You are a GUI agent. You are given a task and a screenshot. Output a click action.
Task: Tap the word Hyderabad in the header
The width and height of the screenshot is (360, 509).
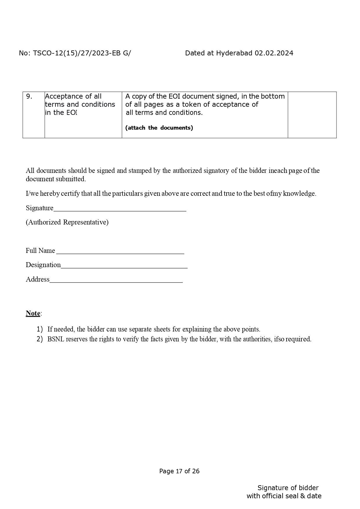(x=234, y=53)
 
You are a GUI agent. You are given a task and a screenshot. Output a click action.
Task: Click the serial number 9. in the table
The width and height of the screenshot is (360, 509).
(x=29, y=97)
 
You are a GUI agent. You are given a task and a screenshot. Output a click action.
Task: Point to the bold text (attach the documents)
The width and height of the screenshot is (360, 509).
(x=159, y=128)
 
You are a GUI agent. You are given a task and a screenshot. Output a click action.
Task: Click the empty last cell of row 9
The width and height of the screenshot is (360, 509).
(x=312, y=115)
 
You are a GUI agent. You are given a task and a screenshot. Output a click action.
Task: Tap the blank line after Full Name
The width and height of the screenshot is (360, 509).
(x=120, y=251)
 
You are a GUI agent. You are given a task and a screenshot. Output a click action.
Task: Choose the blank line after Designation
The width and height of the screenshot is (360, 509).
(x=124, y=265)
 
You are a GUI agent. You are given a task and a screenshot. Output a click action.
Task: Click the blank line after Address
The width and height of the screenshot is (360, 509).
(x=116, y=280)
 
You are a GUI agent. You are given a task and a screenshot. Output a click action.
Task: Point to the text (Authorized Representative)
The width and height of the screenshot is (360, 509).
(x=67, y=222)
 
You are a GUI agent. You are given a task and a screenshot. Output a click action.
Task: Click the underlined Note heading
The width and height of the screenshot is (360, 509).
(x=33, y=313)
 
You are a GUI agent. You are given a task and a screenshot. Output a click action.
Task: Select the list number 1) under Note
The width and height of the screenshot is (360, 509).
(x=40, y=329)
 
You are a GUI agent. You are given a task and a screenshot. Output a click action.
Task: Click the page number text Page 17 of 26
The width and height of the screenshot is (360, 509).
(x=179, y=471)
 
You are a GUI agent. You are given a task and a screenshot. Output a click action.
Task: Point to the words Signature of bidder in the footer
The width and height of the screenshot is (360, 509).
(x=288, y=488)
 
